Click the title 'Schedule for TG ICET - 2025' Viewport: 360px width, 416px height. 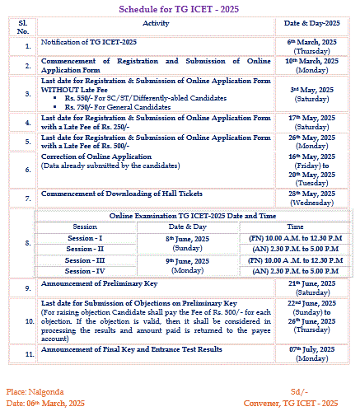click(179, 7)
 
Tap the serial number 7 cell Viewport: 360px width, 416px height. click(27, 199)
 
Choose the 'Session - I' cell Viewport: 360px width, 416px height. click(84, 236)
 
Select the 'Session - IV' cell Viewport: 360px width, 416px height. click(84, 270)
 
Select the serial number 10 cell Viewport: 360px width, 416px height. click(27, 322)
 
